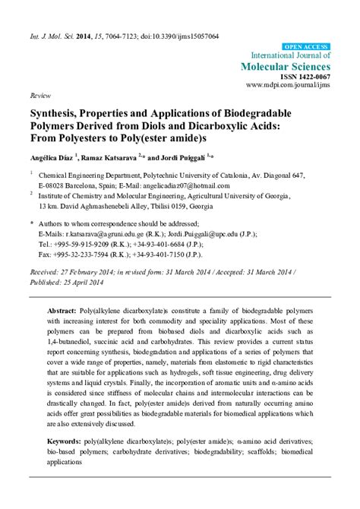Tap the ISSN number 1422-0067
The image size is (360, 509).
[311, 77]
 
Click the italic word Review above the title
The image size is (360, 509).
[39, 97]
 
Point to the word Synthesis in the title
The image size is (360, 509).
[56, 113]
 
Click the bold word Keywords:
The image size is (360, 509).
[65, 461]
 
